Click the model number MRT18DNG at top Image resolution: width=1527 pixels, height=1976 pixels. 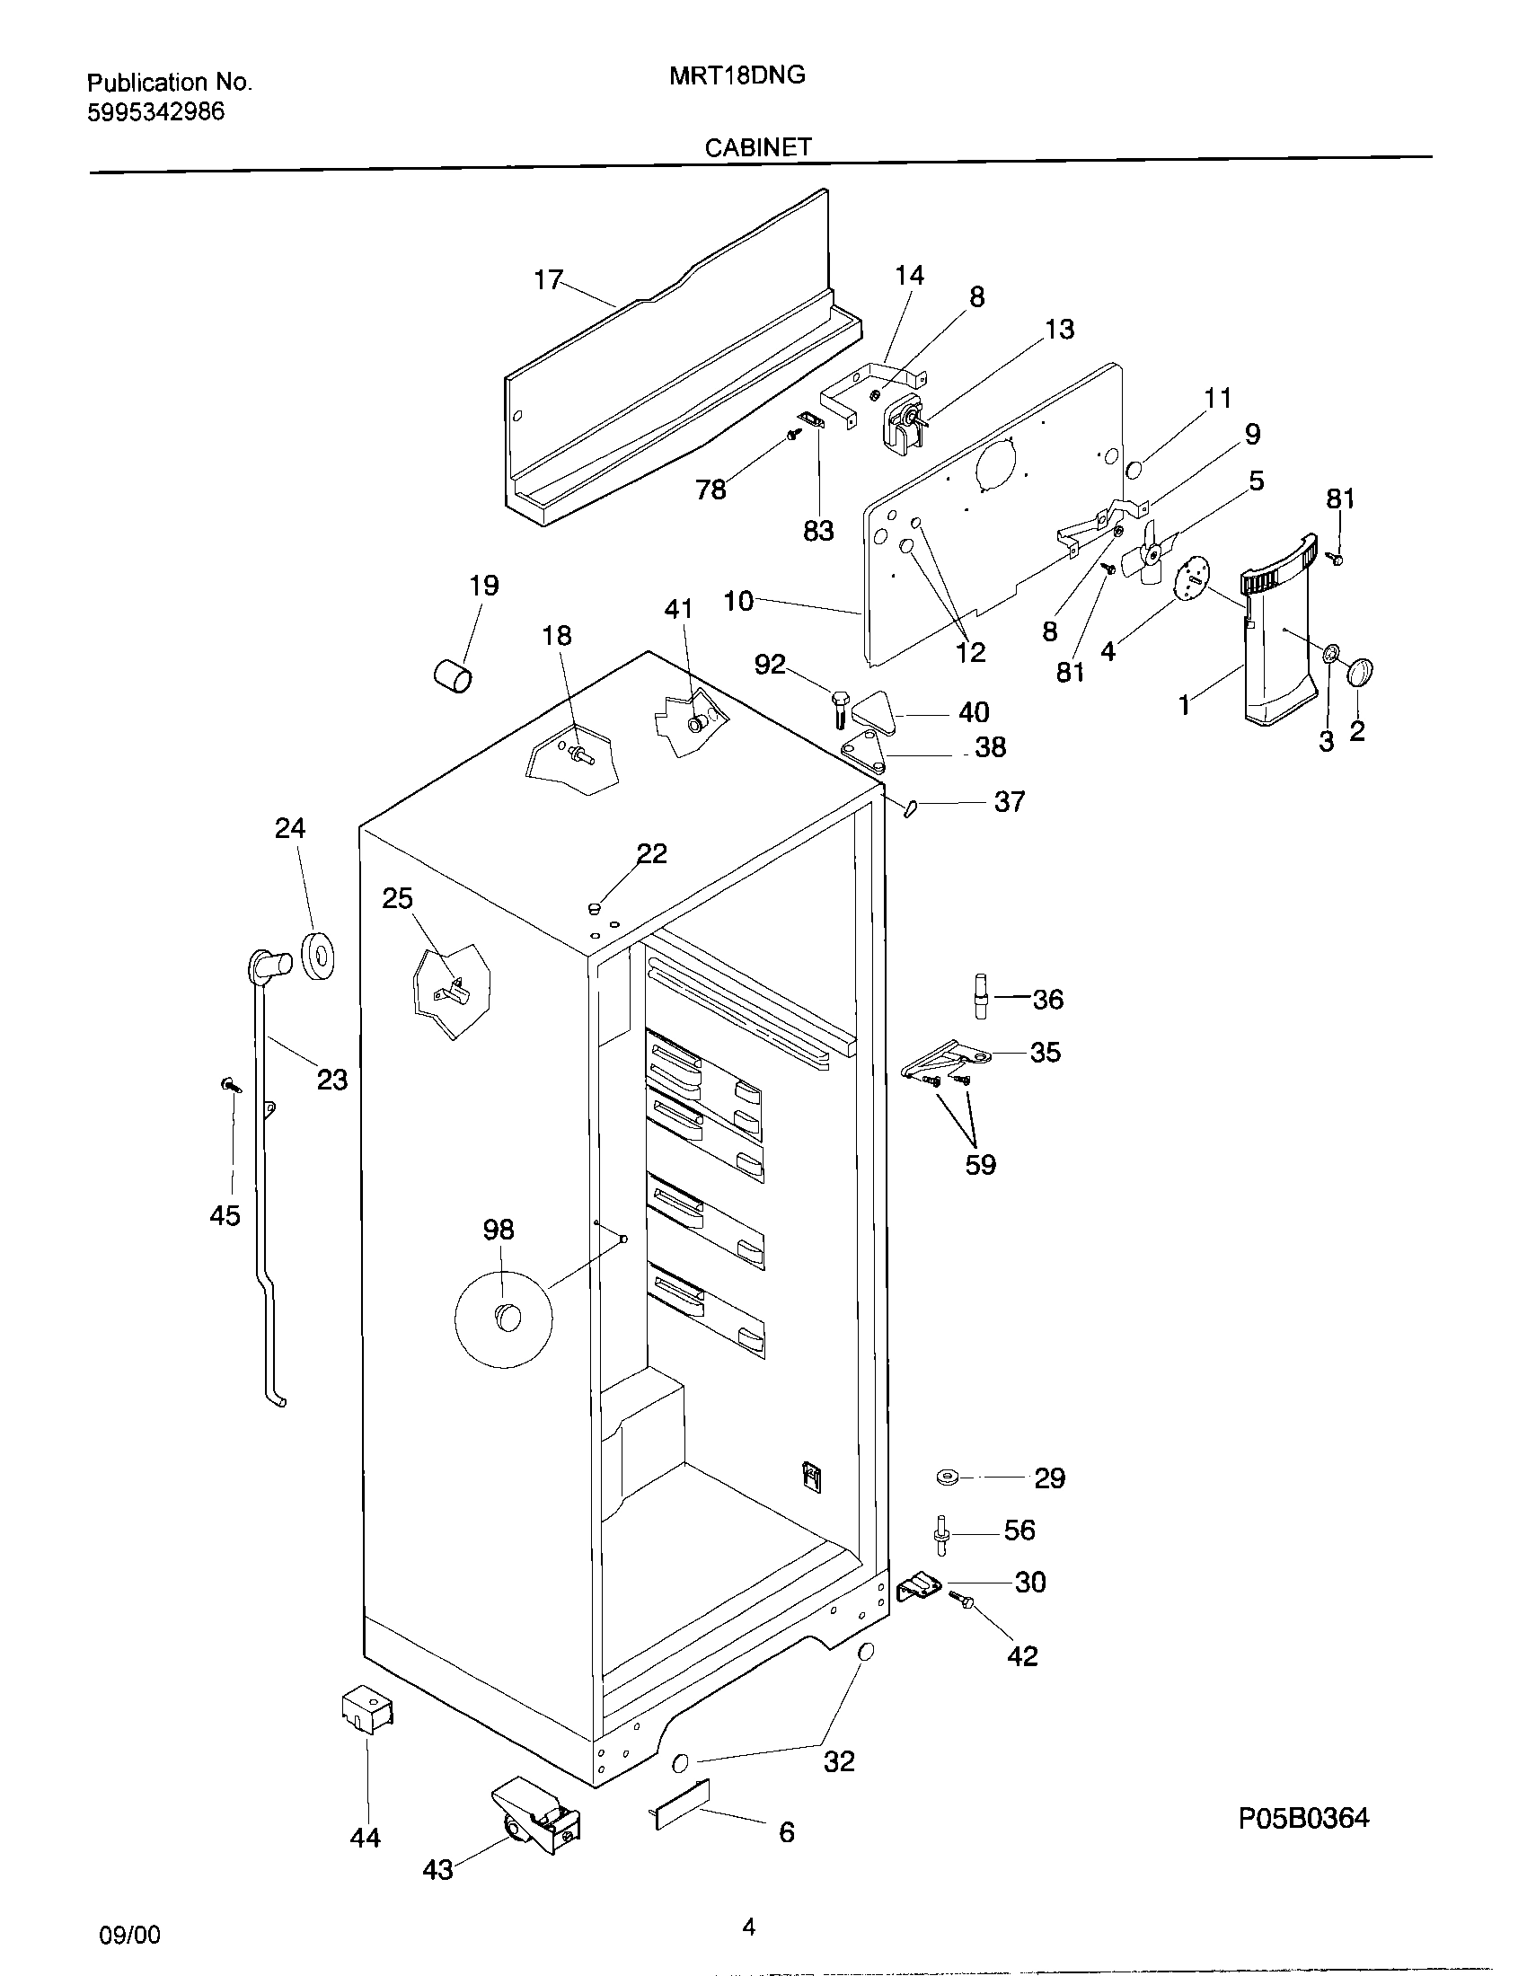(737, 76)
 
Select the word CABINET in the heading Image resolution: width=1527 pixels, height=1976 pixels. (758, 148)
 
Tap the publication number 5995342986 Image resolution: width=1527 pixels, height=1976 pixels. (155, 113)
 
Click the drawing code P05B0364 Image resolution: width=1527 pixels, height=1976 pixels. (1303, 1818)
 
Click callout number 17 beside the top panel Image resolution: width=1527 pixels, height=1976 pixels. (548, 279)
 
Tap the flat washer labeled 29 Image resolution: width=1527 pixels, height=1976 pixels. (948, 1478)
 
